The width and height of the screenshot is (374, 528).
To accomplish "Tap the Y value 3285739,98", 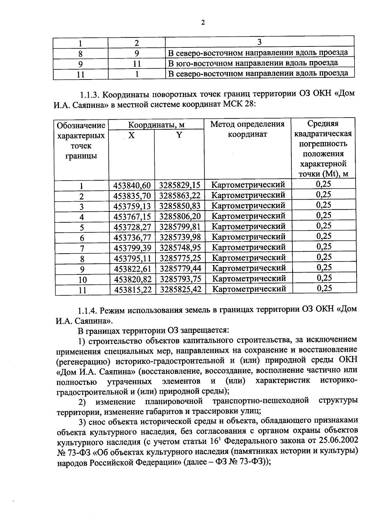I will click(x=180, y=237).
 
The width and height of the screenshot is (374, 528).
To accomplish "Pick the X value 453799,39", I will click(x=132, y=248).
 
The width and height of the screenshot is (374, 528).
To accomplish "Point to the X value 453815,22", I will click(x=133, y=289).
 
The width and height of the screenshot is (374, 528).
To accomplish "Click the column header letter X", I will click(x=132, y=136).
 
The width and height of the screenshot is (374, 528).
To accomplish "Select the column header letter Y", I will click(x=179, y=135).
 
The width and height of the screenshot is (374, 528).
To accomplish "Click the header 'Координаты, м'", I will click(x=156, y=125).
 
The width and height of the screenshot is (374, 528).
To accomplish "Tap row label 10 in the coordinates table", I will click(x=82, y=280).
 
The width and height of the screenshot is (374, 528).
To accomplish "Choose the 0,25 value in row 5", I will click(x=324, y=226).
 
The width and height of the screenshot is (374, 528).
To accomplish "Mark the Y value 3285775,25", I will click(x=180, y=258).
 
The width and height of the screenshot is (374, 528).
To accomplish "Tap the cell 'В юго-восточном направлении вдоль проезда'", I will click(x=253, y=63).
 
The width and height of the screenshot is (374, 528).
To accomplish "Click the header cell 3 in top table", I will click(x=259, y=42).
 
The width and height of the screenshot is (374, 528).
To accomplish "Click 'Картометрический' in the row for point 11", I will click(x=249, y=289).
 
